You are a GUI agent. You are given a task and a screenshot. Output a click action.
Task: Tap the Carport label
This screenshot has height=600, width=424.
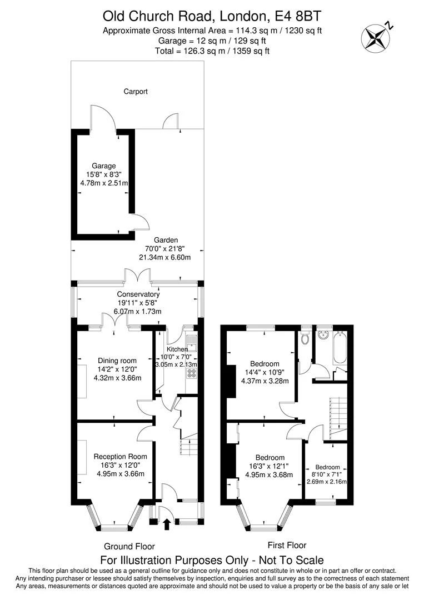(x=136, y=92)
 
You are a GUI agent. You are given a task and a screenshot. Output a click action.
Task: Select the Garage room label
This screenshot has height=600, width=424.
(x=104, y=166)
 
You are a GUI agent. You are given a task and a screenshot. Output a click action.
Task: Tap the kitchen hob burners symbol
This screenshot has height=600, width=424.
(x=192, y=372)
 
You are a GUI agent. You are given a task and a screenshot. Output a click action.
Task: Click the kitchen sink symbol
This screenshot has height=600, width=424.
(x=192, y=340)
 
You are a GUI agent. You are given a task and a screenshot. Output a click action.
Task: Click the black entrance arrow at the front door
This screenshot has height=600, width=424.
(x=167, y=523)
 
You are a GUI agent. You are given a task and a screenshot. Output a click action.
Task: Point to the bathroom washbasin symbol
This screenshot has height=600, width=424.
(x=323, y=335)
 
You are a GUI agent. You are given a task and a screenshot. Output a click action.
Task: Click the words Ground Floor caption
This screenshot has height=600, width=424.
(x=129, y=546)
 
